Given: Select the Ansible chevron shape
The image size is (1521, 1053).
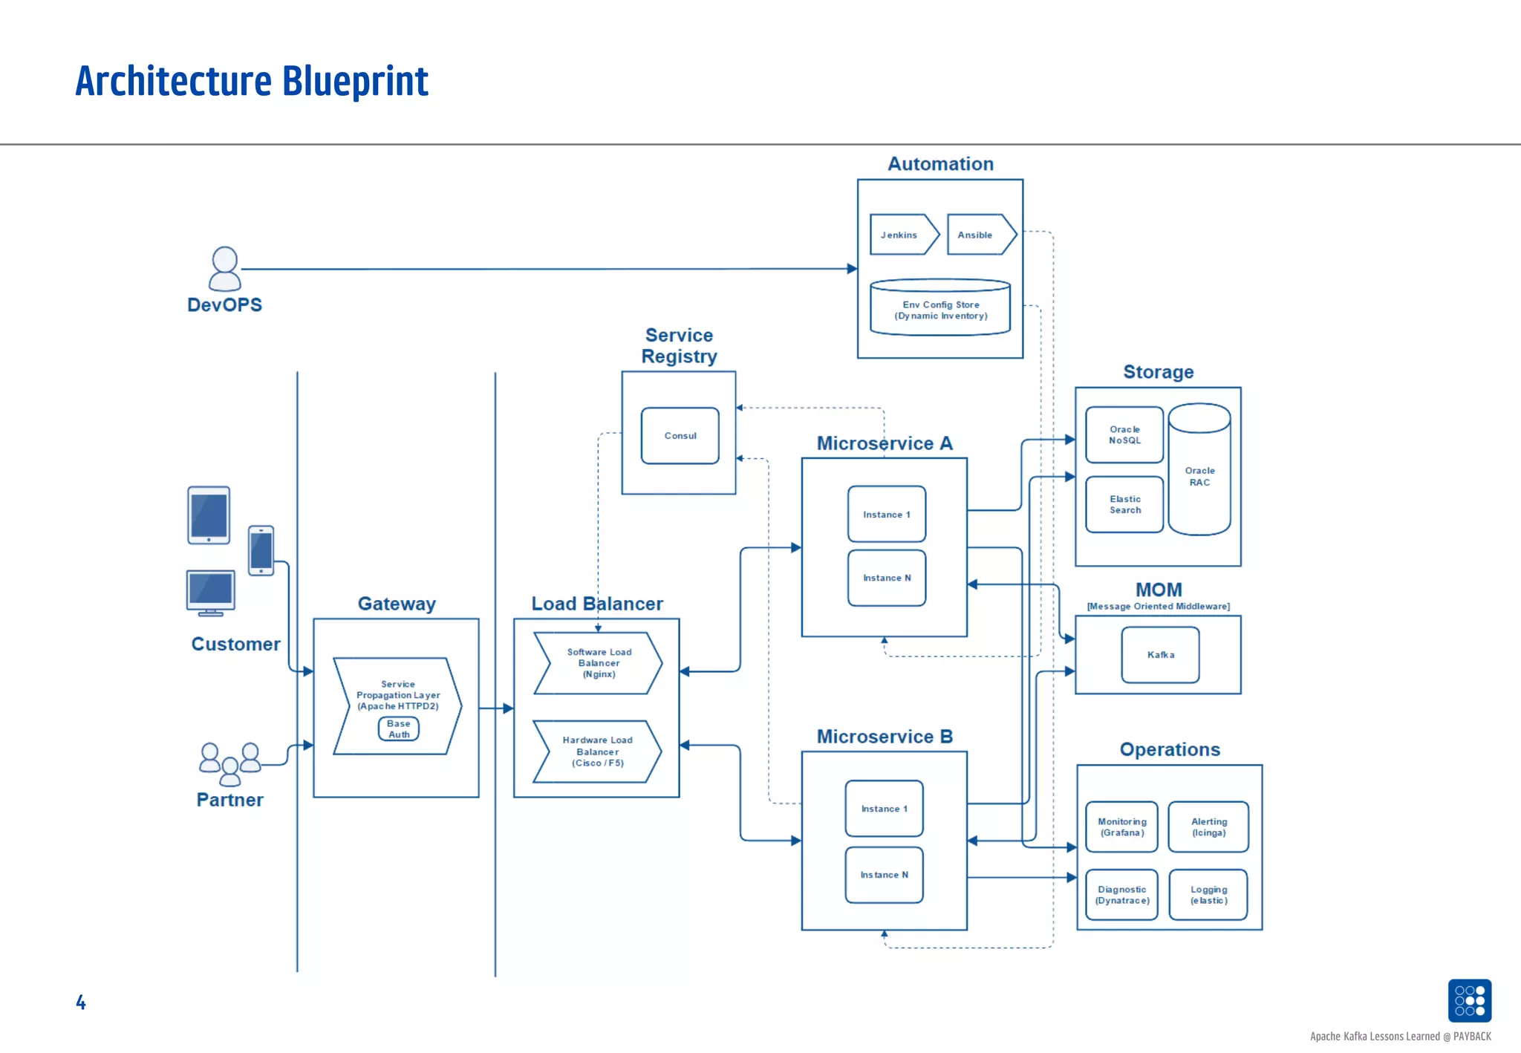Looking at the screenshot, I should click(x=979, y=235).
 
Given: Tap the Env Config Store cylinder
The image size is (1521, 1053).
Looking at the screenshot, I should click(x=940, y=309).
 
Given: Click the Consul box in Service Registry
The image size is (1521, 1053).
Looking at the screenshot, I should click(x=680, y=436).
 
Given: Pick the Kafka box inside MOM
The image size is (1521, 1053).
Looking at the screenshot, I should click(x=1160, y=655).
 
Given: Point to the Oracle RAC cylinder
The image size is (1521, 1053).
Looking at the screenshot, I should click(x=1199, y=475).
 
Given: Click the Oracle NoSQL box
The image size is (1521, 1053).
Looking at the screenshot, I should click(x=1124, y=435).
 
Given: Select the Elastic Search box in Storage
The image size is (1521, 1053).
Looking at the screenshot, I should click(x=1124, y=505).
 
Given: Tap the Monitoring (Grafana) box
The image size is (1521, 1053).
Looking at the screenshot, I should click(x=1121, y=827).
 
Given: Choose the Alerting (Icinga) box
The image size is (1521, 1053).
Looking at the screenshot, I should click(x=1208, y=827).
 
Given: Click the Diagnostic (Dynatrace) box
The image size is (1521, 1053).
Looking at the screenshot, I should click(x=1121, y=895).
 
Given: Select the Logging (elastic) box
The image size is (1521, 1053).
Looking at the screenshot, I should click(x=1208, y=895).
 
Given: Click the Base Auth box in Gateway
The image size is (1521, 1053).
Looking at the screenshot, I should click(x=399, y=729).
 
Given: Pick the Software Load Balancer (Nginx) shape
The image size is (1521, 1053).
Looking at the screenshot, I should click(x=599, y=663).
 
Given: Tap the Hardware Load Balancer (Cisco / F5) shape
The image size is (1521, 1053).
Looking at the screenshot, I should click(x=598, y=752).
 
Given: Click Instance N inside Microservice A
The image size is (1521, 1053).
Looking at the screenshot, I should click(x=887, y=578).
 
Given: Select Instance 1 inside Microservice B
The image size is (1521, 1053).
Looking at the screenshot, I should click(x=884, y=809).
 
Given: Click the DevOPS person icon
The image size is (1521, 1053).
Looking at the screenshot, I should click(x=224, y=269).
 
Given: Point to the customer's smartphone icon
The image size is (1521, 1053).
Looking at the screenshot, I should click(x=261, y=551).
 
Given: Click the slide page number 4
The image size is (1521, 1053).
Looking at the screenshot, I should click(x=81, y=1003).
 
